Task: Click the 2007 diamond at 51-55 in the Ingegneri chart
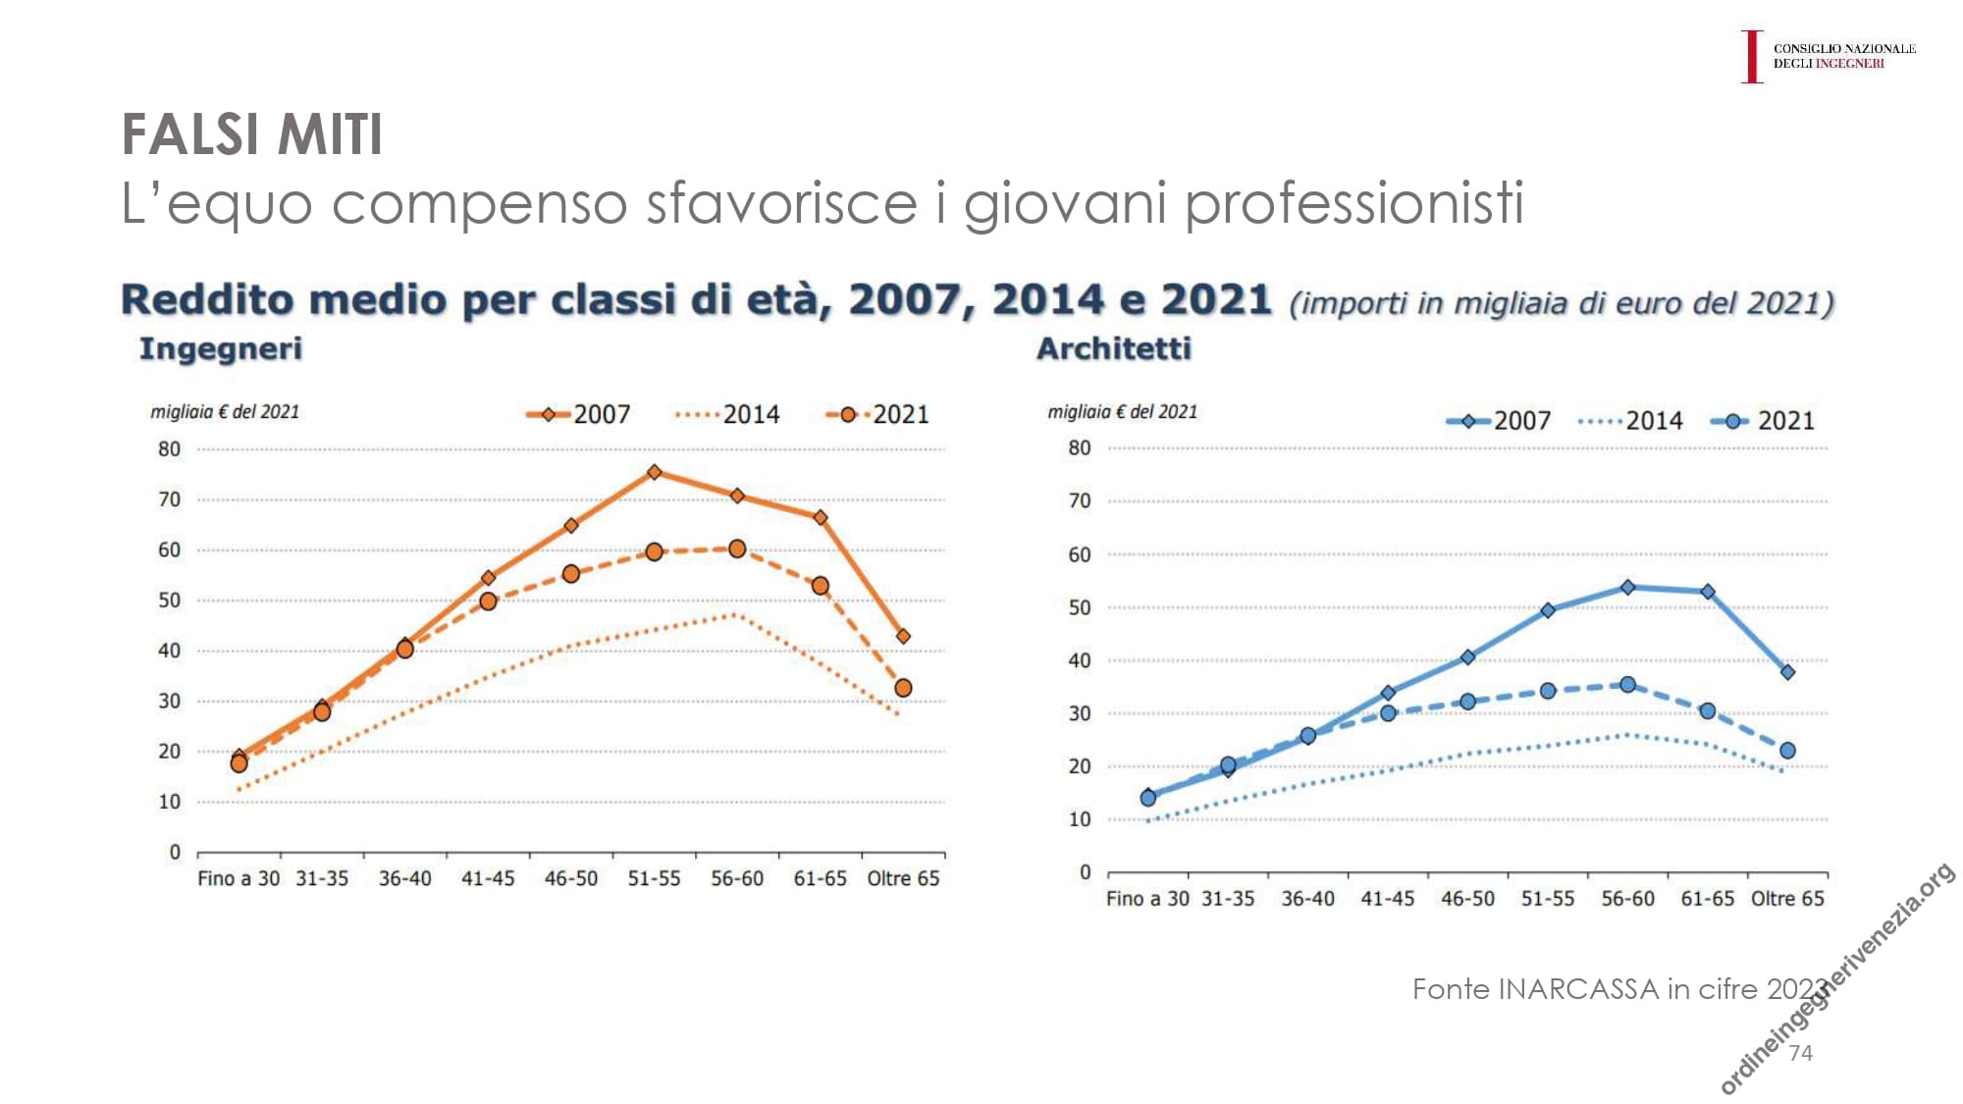point(655,472)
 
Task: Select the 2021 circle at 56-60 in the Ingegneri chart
point(737,549)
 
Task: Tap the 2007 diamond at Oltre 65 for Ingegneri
point(903,636)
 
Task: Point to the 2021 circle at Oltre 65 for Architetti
point(1787,751)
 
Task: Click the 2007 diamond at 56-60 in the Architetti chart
point(1627,587)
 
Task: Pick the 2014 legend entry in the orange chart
point(728,414)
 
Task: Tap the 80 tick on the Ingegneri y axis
point(170,448)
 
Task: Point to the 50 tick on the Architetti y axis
point(1080,607)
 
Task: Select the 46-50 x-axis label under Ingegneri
point(571,878)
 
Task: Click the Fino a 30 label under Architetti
point(1147,898)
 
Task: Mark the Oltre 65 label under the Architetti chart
point(1787,898)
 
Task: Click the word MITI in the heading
point(330,134)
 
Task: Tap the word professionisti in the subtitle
point(1354,203)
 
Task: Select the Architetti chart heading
point(1114,348)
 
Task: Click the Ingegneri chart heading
point(221,348)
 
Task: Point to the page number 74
point(1801,1053)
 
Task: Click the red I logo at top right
point(1752,56)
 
